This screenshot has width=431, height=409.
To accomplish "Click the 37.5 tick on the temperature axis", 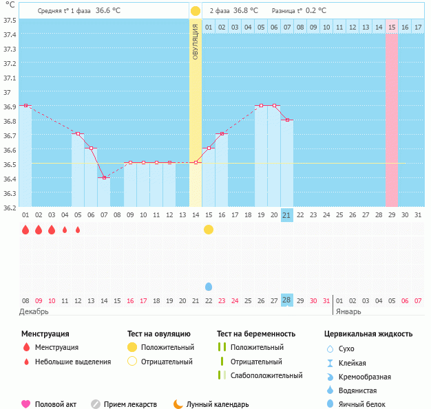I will click(10, 20).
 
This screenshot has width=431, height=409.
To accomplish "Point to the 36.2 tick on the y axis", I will click(10, 208).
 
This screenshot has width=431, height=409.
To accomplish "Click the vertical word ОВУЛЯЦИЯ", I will click(196, 41).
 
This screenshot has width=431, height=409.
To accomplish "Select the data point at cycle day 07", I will click(104, 178).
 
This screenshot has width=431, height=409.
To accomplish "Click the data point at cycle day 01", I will click(25, 106).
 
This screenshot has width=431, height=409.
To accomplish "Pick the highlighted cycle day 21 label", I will click(287, 215).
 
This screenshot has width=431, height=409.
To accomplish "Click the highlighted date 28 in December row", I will click(287, 300).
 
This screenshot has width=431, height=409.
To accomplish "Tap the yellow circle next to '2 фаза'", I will click(196, 11).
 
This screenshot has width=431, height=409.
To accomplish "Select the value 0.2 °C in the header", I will click(316, 11).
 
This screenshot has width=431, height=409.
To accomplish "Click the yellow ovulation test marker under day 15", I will click(209, 230).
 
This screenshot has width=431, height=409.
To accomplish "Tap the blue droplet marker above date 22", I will click(209, 286).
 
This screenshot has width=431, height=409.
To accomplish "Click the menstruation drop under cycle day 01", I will click(25, 230).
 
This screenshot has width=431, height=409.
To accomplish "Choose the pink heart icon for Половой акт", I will click(26, 404).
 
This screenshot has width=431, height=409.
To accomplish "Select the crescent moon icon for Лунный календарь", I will click(178, 404).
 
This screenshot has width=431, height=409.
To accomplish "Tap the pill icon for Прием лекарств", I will click(96, 404).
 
